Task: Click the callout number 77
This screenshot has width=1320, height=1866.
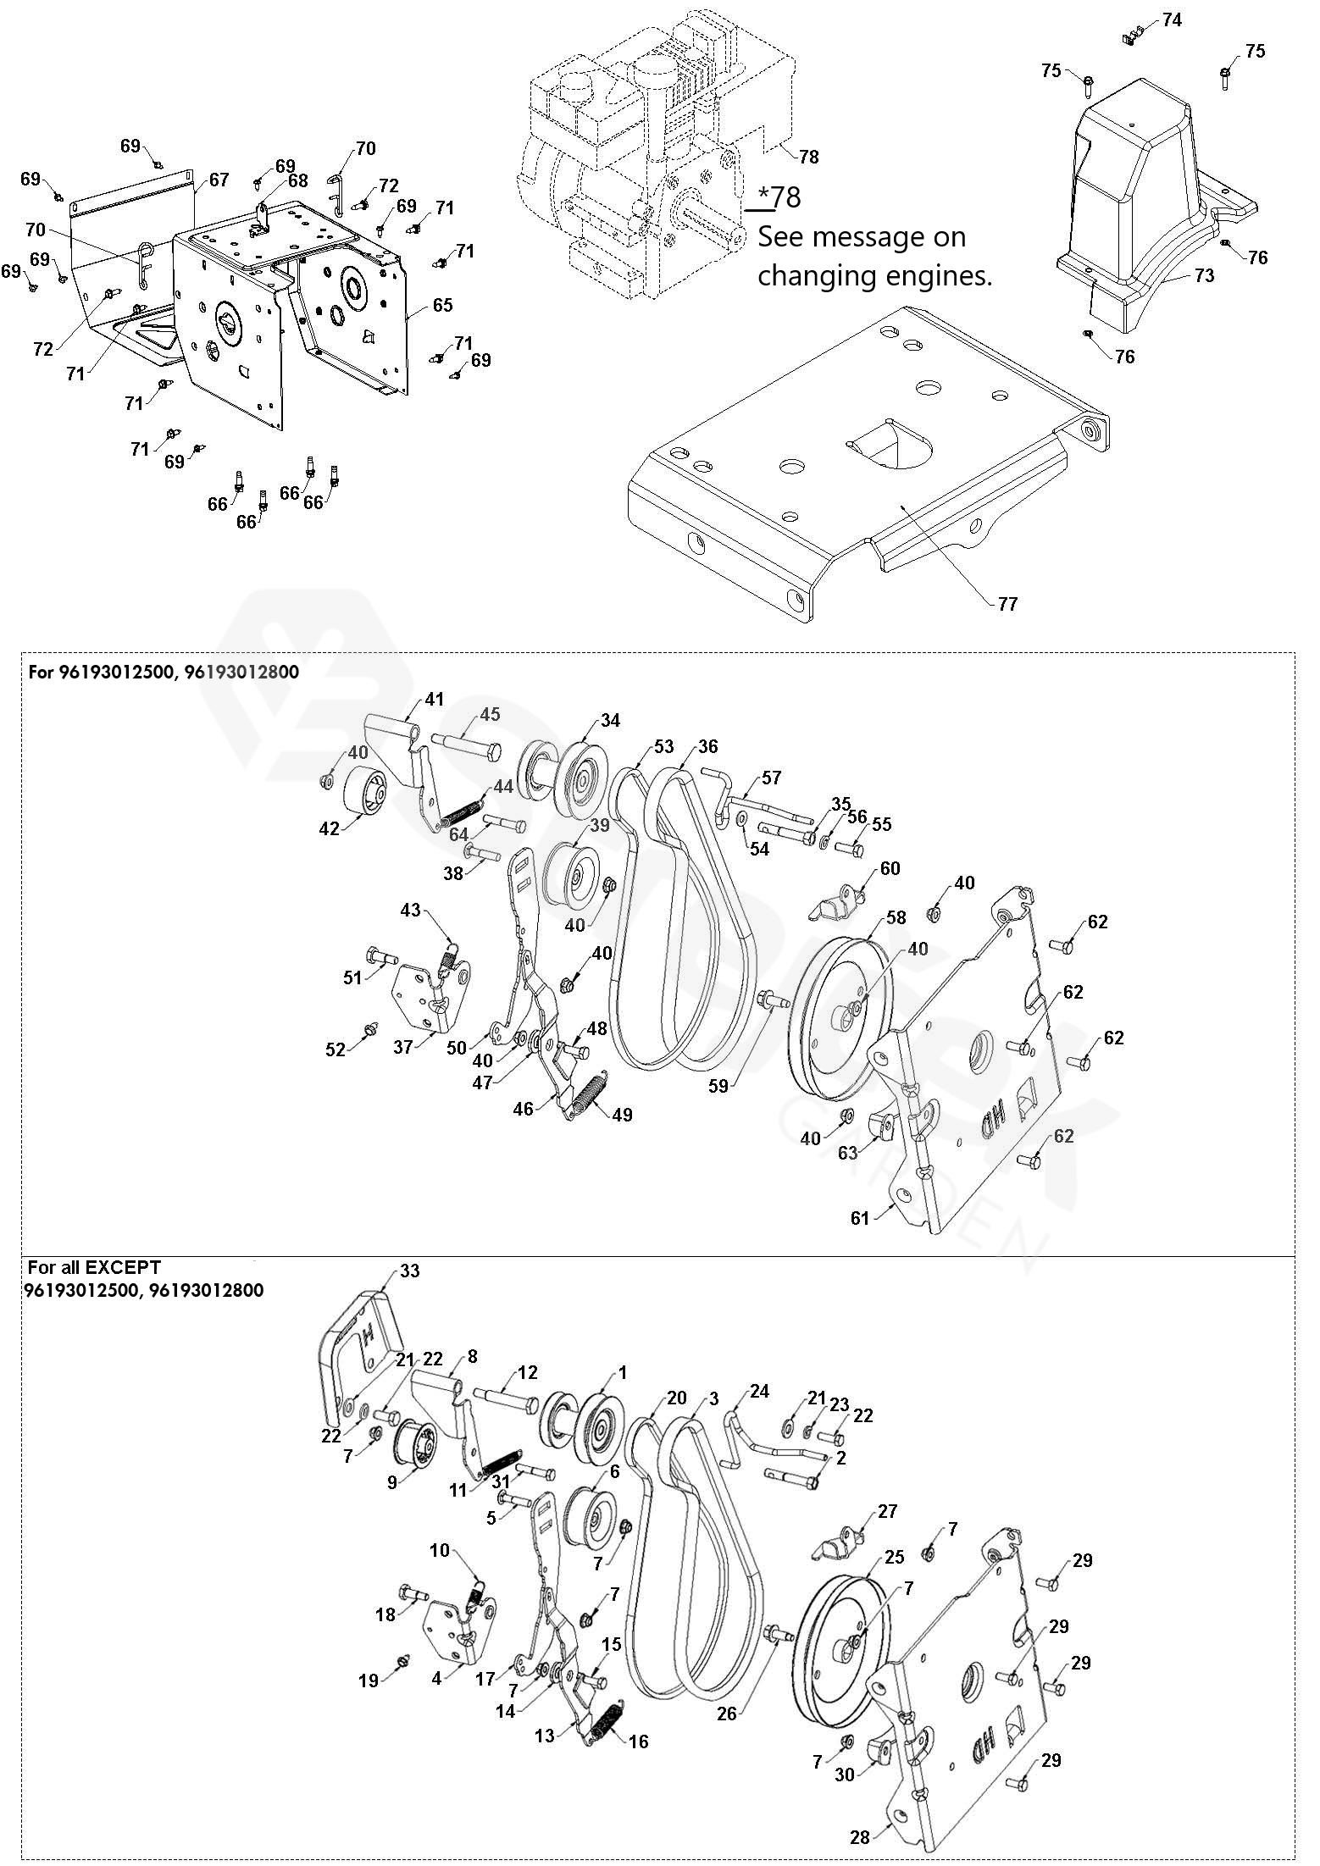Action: click(x=1007, y=603)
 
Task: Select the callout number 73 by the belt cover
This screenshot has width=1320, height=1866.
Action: click(x=1204, y=275)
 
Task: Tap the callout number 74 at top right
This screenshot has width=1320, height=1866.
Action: click(x=1172, y=19)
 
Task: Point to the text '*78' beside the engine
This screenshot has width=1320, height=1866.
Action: click(x=779, y=197)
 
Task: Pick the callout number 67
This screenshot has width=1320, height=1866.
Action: click(x=219, y=180)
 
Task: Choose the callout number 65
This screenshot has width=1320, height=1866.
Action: click(x=443, y=305)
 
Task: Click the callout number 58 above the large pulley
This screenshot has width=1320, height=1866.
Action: click(x=896, y=917)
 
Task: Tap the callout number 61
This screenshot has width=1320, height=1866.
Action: click(x=860, y=1218)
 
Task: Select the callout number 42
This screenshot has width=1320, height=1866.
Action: click(x=329, y=828)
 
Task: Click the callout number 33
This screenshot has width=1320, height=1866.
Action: click(x=409, y=1271)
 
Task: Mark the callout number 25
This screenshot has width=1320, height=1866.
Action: click(x=895, y=1556)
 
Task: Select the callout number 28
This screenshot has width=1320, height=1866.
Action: click(x=860, y=1830)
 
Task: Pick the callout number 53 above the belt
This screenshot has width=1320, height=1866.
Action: click(x=663, y=746)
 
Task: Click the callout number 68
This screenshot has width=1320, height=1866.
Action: click(x=297, y=180)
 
